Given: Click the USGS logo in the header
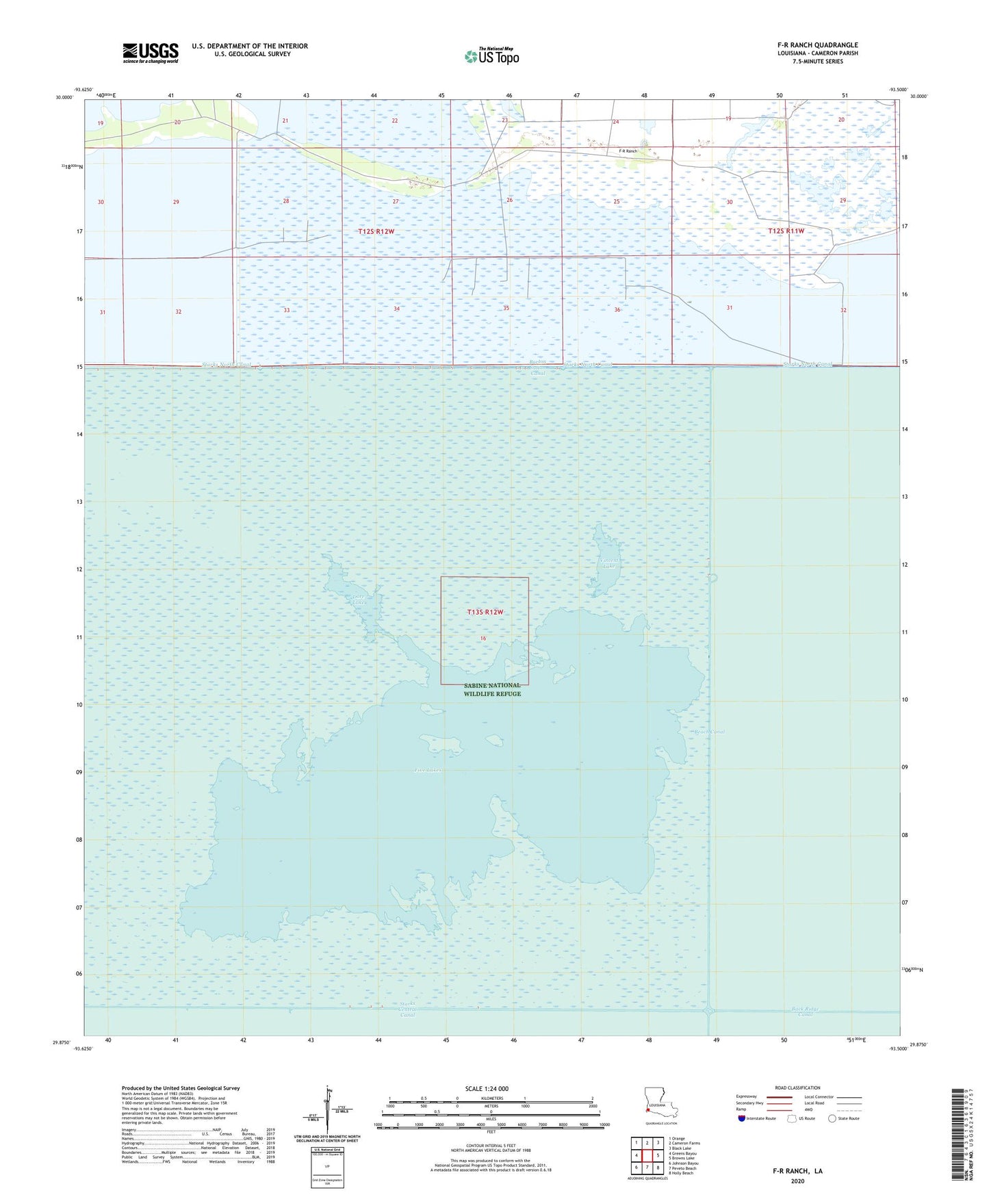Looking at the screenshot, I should tap(151, 53).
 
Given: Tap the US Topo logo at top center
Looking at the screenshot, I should tap(491, 56).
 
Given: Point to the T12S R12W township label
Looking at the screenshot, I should tap(376, 231).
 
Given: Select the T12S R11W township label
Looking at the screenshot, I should tap(786, 231).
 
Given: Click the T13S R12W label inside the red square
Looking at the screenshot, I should tap(485, 612).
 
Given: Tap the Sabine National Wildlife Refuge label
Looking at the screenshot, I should tap(492, 689).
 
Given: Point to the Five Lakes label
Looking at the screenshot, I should tap(428, 771).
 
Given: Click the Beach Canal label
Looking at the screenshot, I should tap(709, 732).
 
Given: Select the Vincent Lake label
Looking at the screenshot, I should tap(608, 563).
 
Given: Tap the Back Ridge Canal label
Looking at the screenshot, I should tap(805, 1012).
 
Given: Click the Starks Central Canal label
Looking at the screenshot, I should tap(408, 1010).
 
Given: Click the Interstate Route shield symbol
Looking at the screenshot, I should tap(742, 1118).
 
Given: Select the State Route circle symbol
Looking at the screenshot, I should tap(832, 1118).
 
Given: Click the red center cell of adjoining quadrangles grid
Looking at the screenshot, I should tap(647, 1155).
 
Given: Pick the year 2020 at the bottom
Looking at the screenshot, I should tap(797, 1181).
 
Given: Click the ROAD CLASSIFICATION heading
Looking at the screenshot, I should tap(798, 1088).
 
